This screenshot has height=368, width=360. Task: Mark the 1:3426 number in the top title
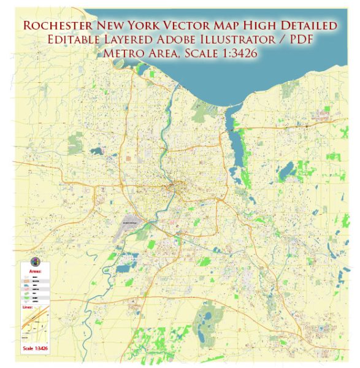point(237,53)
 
